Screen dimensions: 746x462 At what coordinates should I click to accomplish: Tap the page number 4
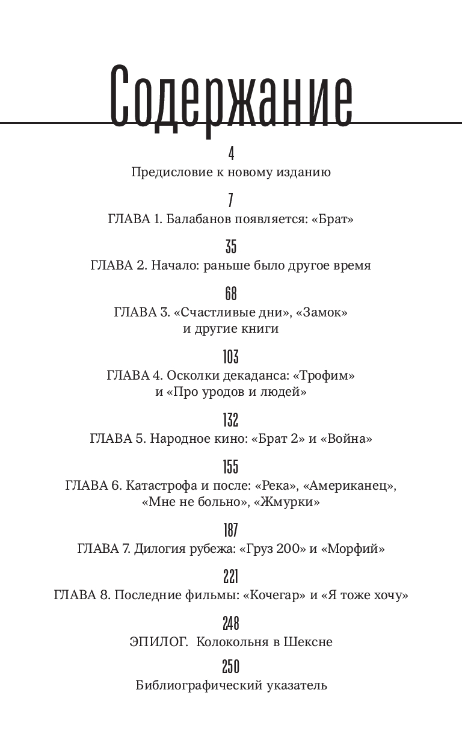coord(231,153)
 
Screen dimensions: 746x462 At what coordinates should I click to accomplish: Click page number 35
coord(231,247)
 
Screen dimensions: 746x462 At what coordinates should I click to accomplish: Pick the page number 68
coord(231,294)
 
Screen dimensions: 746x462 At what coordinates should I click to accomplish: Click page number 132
coord(231,419)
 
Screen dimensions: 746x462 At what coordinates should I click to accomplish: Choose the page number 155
coord(231,466)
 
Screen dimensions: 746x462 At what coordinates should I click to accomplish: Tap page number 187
coord(231,529)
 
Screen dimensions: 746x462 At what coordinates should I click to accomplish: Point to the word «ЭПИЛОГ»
coord(158,642)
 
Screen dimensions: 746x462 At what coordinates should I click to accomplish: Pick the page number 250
coord(231,667)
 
